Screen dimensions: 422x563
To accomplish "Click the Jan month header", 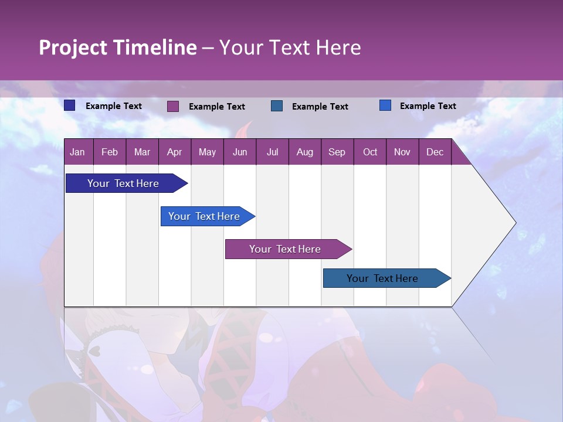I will click(77, 152).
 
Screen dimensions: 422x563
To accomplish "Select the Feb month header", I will click(110, 152).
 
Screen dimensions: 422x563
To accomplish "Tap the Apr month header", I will click(174, 152).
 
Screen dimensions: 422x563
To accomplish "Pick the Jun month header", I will click(240, 152).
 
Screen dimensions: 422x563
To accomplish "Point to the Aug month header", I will click(304, 152).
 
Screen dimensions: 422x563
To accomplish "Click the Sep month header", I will click(337, 152).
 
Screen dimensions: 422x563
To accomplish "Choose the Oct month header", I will click(370, 152).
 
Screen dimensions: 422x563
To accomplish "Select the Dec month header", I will click(435, 152).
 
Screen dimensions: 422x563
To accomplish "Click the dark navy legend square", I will click(70, 105).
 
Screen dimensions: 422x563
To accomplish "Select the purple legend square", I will click(173, 106).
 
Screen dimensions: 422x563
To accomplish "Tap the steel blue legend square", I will click(277, 105).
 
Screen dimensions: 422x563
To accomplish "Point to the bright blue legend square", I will click(385, 105).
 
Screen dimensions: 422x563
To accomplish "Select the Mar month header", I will click(142, 152).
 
